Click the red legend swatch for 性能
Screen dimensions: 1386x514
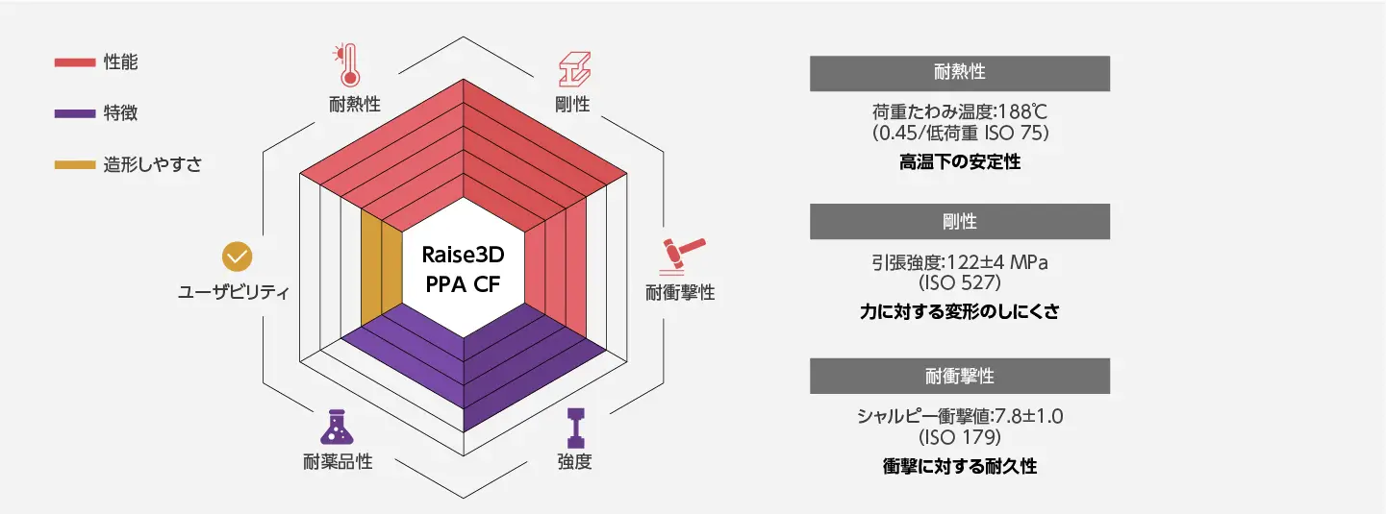click(75, 62)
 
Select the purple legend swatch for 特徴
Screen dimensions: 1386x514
click(75, 113)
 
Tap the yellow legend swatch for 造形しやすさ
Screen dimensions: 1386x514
click(75, 165)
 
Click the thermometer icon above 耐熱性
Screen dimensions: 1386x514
click(347, 65)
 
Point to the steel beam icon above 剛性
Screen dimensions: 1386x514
click(575, 69)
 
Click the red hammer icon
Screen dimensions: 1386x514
click(683, 256)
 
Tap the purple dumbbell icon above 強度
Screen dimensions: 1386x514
click(575, 428)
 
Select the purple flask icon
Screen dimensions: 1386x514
click(338, 427)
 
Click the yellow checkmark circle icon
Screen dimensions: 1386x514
click(238, 257)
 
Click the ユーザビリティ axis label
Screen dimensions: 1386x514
click(234, 292)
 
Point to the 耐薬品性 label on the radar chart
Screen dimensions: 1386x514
click(338, 461)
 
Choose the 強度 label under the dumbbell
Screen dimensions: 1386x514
click(575, 461)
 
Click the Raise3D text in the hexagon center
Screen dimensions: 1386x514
click(463, 255)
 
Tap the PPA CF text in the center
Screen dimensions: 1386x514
click(463, 284)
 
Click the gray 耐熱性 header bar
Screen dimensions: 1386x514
click(960, 74)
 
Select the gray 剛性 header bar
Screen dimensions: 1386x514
click(960, 221)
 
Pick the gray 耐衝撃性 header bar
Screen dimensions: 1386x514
click(960, 376)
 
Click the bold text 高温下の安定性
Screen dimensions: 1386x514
click(960, 162)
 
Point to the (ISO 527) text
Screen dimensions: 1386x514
click(960, 283)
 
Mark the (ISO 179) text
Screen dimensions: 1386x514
click(960, 437)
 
